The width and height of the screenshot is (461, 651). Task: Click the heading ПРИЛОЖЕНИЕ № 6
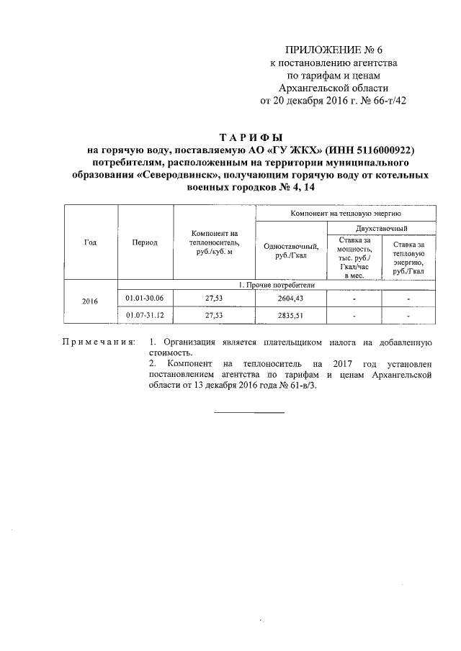(334, 50)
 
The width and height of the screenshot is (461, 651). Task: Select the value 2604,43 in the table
(291, 299)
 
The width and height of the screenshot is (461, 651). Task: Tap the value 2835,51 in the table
(291, 315)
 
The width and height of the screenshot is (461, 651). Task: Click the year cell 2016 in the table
(91, 302)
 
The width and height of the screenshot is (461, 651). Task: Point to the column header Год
(91, 242)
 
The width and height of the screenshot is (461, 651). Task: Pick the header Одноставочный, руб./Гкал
(291, 251)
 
